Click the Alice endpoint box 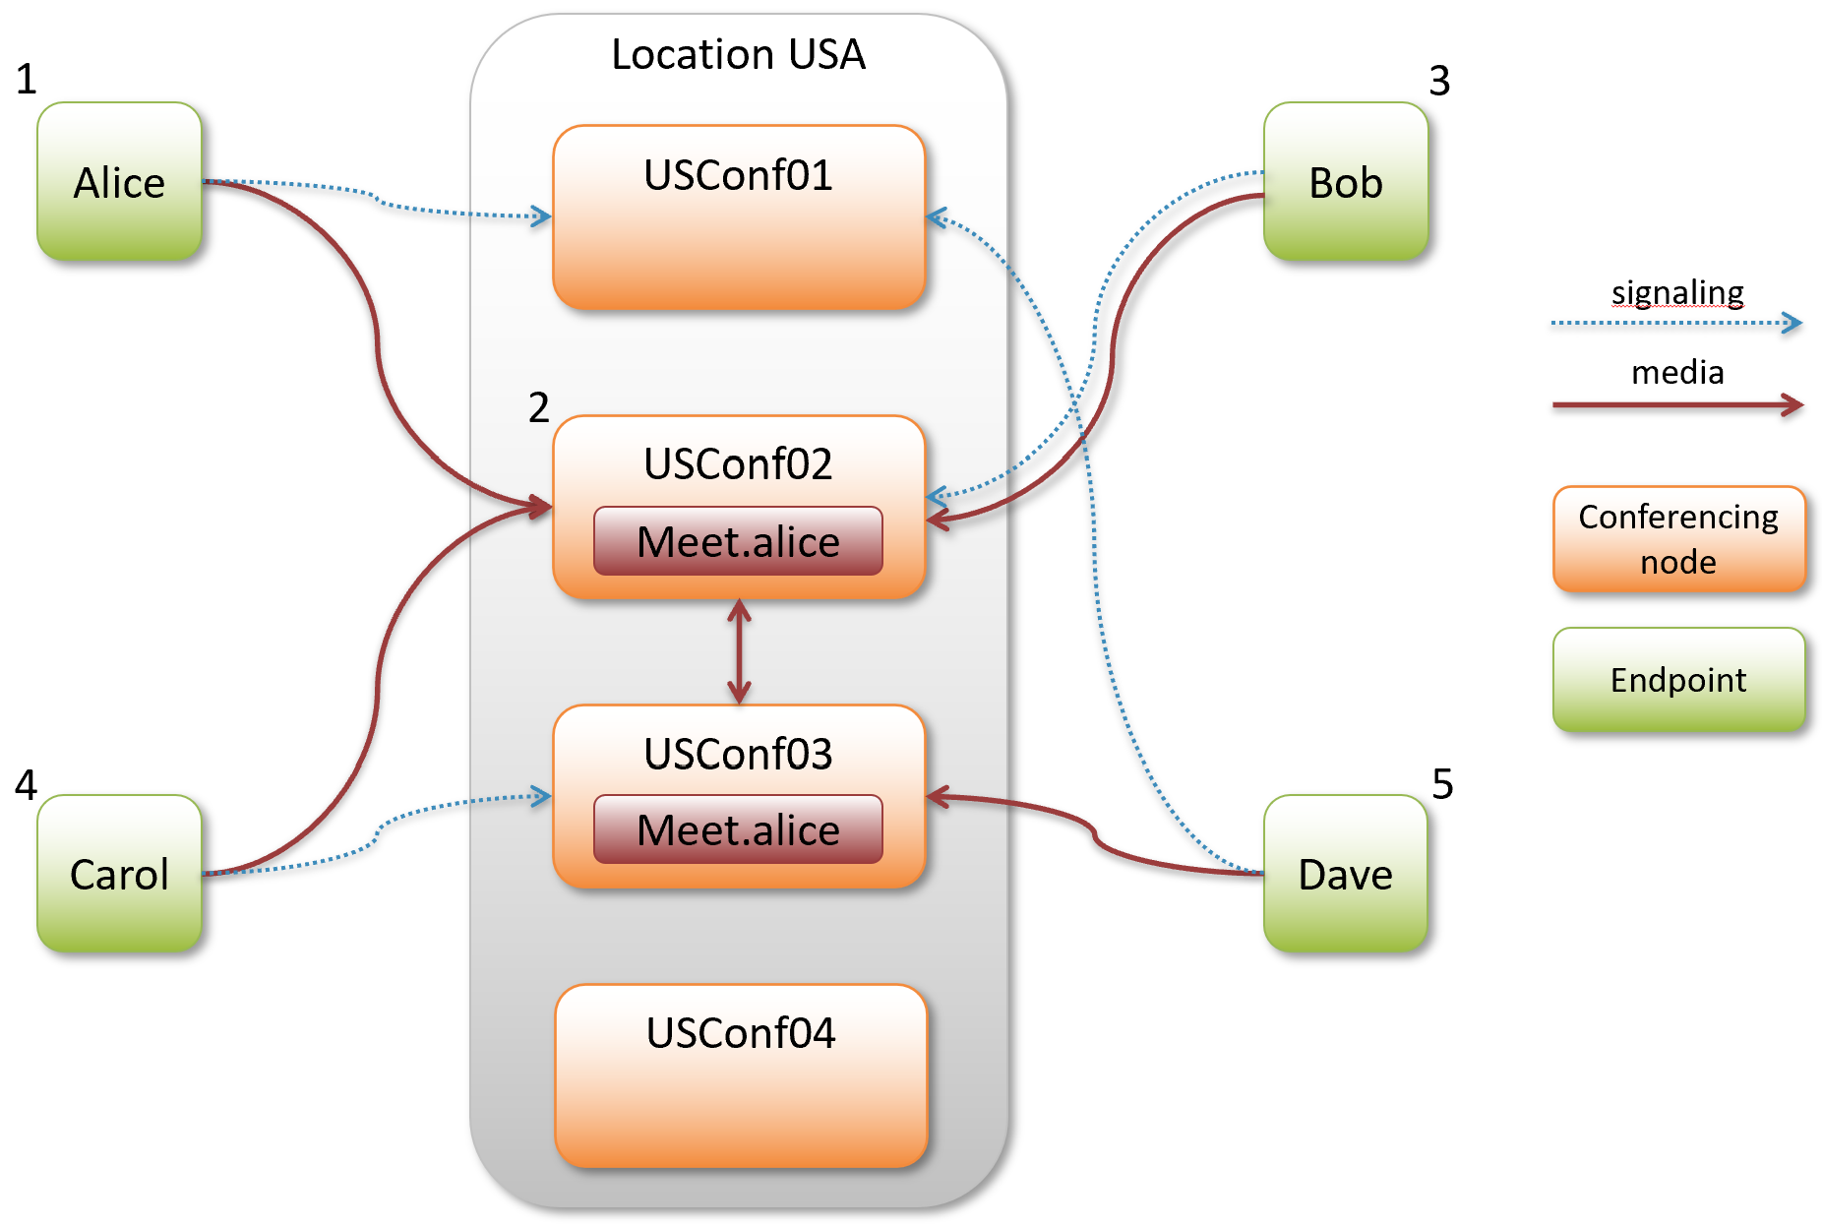(119, 182)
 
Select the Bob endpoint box (1345, 182)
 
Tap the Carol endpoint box (119, 874)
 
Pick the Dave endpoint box (1345, 874)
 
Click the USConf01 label (738, 175)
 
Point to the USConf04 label (740, 1033)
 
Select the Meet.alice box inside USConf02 (738, 541)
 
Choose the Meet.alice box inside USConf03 (738, 829)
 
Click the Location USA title (738, 54)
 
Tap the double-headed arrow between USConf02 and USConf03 (739, 651)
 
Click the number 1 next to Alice (27, 79)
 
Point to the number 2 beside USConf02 (538, 407)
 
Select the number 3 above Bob (1439, 81)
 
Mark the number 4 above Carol (26, 784)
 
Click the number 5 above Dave (1442, 784)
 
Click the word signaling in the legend (1677, 293)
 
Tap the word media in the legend (1677, 372)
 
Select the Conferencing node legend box (1678, 539)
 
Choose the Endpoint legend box (1678, 680)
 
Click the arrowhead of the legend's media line (1793, 404)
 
